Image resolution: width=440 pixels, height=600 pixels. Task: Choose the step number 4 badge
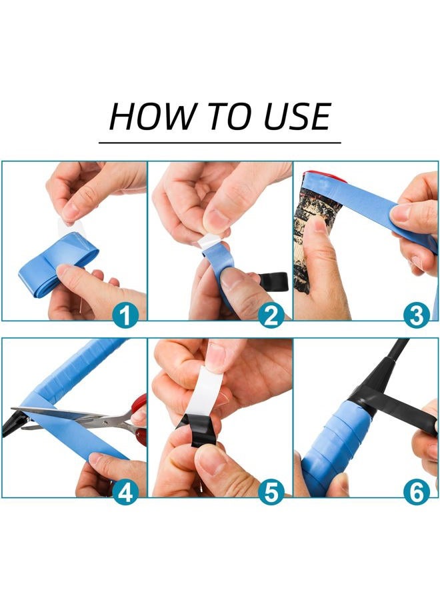[125, 492]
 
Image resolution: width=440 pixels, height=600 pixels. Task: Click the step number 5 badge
[271, 492]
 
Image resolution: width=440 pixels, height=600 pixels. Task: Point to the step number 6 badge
[416, 492]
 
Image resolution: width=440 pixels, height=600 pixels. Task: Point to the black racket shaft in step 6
[383, 367]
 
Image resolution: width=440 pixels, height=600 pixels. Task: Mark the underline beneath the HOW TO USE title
[220, 143]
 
